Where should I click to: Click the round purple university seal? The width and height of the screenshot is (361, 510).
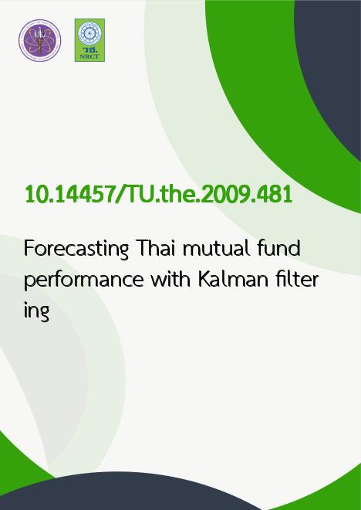tap(39, 40)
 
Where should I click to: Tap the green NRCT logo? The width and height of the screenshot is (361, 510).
tap(89, 40)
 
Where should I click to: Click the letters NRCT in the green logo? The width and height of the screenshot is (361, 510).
tap(89, 56)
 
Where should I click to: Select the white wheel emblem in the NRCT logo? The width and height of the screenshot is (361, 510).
tap(89, 33)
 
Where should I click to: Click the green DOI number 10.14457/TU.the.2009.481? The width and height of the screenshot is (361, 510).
tap(158, 195)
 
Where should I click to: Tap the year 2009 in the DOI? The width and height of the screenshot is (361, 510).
tap(224, 195)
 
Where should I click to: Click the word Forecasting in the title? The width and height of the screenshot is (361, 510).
tap(76, 249)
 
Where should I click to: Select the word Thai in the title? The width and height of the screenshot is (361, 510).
tap(157, 248)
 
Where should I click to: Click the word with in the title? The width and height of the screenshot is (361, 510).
tap(170, 279)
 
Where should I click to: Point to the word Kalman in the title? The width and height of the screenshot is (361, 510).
tap(233, 279)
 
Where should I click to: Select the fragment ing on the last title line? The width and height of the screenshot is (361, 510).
tap(36, 311)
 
